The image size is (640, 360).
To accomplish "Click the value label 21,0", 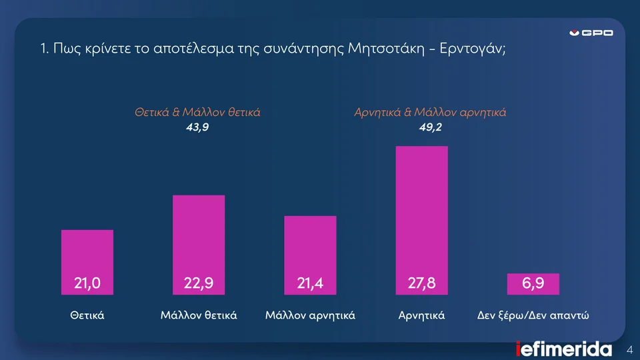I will pyautogui.click(x=87, y=284).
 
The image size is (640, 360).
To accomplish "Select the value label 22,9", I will pyautogui.click(x=199, y=284).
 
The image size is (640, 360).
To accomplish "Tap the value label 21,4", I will pyautogui.click(x=310, y=284).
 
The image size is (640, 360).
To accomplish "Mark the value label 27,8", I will pyautogui.click(x=422, y=284).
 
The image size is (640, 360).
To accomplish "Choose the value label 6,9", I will pyautogui.click(x=533, y=284).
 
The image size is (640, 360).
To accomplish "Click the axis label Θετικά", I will pyautogui.click(x=87, y=315).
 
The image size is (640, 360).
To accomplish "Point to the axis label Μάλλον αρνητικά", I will pyautogui.click(x=310, y=315).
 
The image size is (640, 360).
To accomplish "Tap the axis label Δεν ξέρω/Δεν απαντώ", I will pyautogui.click(x=534, y=315).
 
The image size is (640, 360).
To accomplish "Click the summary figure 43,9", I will pyautogui.click(x=197, y=127).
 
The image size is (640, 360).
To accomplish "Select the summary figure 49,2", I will pyautogui.click(x=430, y=127).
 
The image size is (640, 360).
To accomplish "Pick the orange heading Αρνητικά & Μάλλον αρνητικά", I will pyautogui.click(x=430, y=113).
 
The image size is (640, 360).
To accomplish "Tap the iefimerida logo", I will pyautogui.click(x=564, y=349).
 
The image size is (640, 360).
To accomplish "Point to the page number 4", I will pyautogui.click(x=630, y=350).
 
